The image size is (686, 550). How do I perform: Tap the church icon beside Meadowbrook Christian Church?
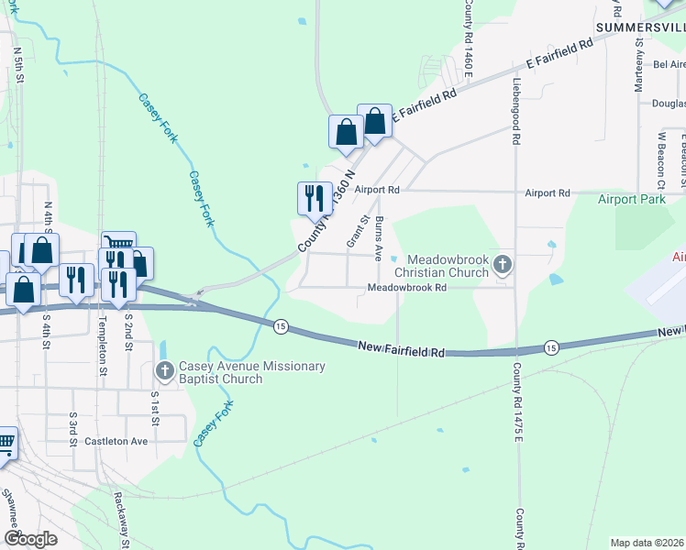click(x=502, y=266)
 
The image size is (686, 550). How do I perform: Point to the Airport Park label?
click(x=631, y=199)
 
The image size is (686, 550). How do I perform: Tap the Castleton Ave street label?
click(x=116, y=441)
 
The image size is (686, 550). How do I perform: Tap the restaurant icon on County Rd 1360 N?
click(x=313, y=197)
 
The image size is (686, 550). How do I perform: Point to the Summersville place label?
click(x=640, y=28)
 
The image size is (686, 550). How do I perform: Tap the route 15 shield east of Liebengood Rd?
click(x=550, y=346)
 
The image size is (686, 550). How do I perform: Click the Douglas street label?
click(x=669, y=104)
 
